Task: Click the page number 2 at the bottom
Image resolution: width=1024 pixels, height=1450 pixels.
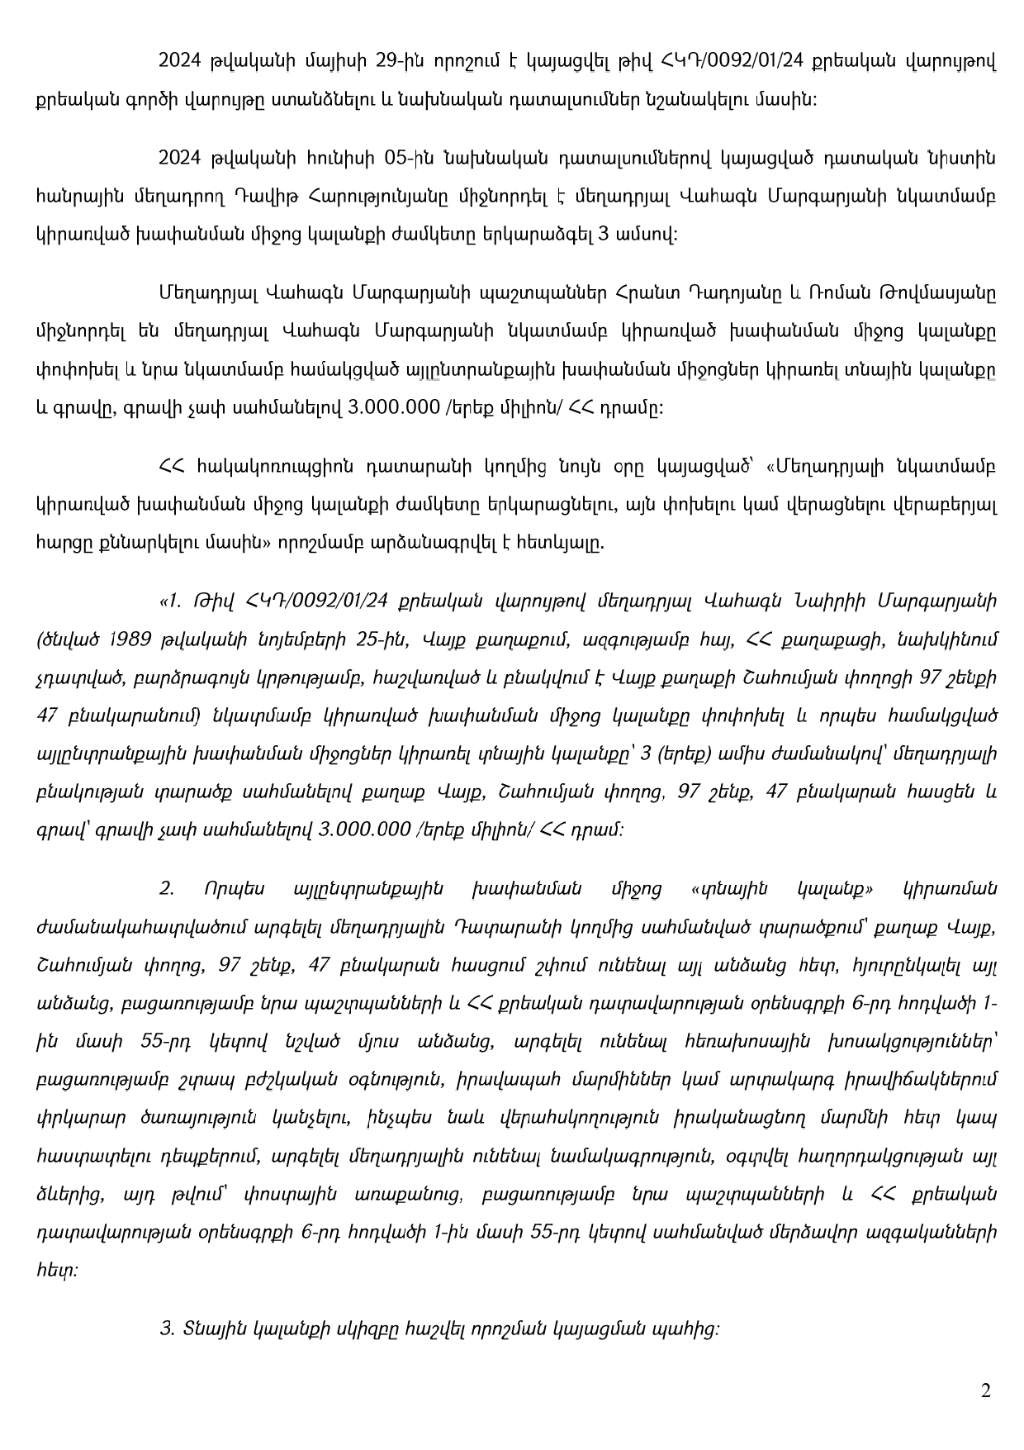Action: coord(985,1391)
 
